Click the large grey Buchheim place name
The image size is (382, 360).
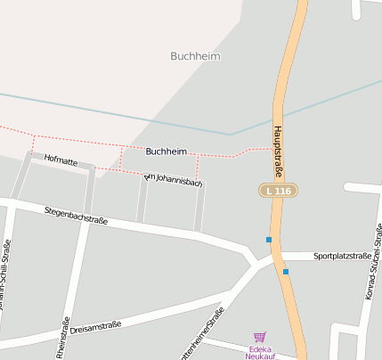point(194,56)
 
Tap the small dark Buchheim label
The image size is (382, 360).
point(167,151)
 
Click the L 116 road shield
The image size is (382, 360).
point(277,191)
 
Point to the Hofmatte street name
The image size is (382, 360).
point(61,161)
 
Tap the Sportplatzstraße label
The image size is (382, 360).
point(342,256)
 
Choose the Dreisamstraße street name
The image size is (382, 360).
point(95,328)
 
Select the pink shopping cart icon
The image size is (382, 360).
point(259,337)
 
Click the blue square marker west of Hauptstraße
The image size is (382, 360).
point(268,239)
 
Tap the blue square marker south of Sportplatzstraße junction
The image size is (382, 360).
point(285,271)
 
